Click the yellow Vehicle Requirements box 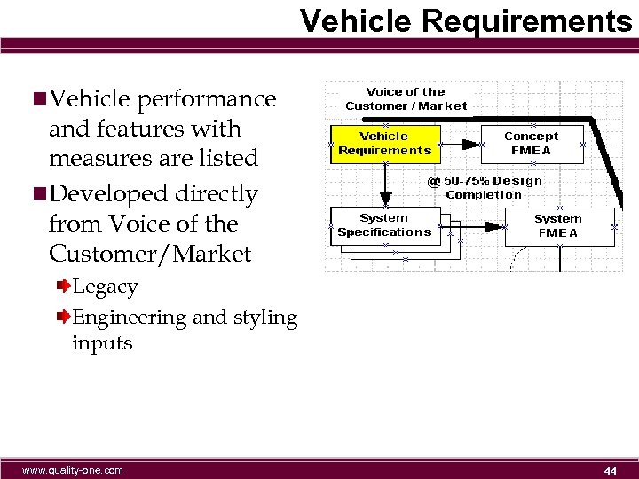coord(384,144)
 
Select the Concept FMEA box coord(532,144)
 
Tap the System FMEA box coord(558,226)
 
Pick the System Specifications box coord(384,225)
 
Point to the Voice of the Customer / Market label coord(406,98)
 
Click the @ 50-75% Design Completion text coord(485,187)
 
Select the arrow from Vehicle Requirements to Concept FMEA coord(461,144)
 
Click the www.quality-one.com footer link coord(73,470)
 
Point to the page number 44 coord(610,470)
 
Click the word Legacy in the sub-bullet coord(105,287)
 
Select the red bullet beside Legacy coord(64,287)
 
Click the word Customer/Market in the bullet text coord(150,255)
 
